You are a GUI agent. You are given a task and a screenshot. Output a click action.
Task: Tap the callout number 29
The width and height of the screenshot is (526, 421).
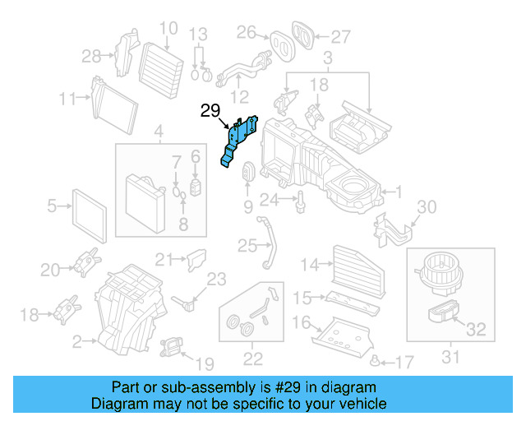point(211,110)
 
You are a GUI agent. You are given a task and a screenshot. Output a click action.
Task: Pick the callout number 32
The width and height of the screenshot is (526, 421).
point(476,331)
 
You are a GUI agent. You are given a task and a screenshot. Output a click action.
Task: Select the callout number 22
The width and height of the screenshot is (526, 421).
point(252,358)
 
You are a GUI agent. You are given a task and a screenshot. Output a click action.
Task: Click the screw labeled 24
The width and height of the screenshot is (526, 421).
point(302,199)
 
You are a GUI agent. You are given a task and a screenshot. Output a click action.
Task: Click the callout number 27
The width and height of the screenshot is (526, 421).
point(340,35)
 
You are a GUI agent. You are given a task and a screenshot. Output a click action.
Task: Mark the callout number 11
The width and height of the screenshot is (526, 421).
point(67,99)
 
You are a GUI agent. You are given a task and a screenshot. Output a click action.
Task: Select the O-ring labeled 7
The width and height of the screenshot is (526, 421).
point(176,192)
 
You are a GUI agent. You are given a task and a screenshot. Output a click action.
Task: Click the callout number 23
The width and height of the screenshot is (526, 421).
point(216,280)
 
